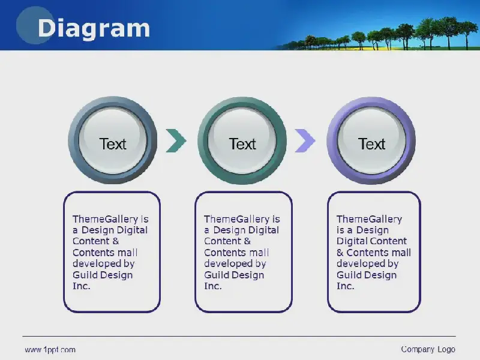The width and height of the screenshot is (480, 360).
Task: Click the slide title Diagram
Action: point(94,29)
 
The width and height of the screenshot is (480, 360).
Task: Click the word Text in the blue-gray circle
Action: point(113,144)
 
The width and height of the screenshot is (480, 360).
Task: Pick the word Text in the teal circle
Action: point(242,144)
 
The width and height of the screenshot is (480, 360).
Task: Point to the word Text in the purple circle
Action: point(371,144)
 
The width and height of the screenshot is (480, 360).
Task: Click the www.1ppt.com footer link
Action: point(50,350)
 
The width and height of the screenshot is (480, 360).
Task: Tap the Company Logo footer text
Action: point(428,349)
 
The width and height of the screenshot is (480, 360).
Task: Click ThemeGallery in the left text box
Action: point(106,219)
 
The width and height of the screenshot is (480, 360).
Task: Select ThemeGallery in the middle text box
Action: point(236,219)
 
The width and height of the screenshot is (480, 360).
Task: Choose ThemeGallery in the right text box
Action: point(369,219)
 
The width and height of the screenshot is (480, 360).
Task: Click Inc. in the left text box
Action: point(82,286)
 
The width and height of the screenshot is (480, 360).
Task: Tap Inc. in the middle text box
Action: point(213,286)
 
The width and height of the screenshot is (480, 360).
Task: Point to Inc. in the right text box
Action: point(346,286)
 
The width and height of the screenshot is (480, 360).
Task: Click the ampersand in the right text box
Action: point(340,253)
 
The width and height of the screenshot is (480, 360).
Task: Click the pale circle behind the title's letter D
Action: point(35,25)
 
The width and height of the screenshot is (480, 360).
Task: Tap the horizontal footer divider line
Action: point(239,336)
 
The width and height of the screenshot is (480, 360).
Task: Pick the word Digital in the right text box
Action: point(352,242)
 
